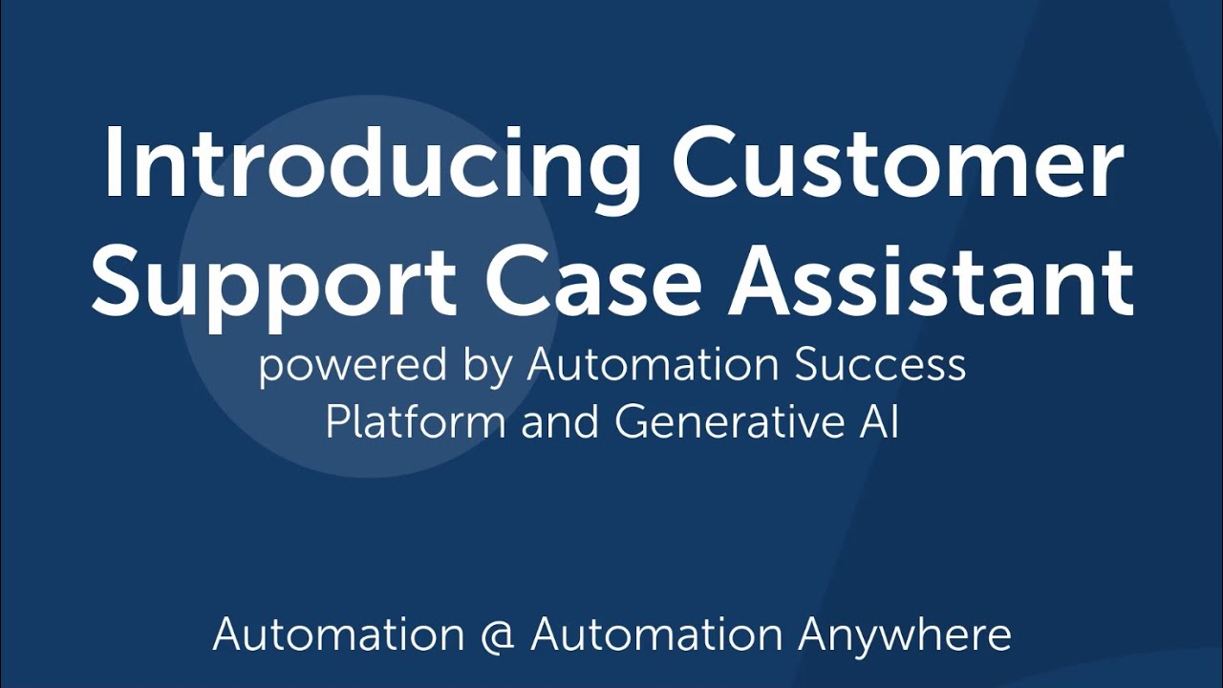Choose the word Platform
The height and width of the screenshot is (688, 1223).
(415, 422)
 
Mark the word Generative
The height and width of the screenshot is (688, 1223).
(723, 422)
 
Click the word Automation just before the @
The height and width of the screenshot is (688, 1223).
(338, 634)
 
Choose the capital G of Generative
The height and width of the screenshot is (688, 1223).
(632, 422)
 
